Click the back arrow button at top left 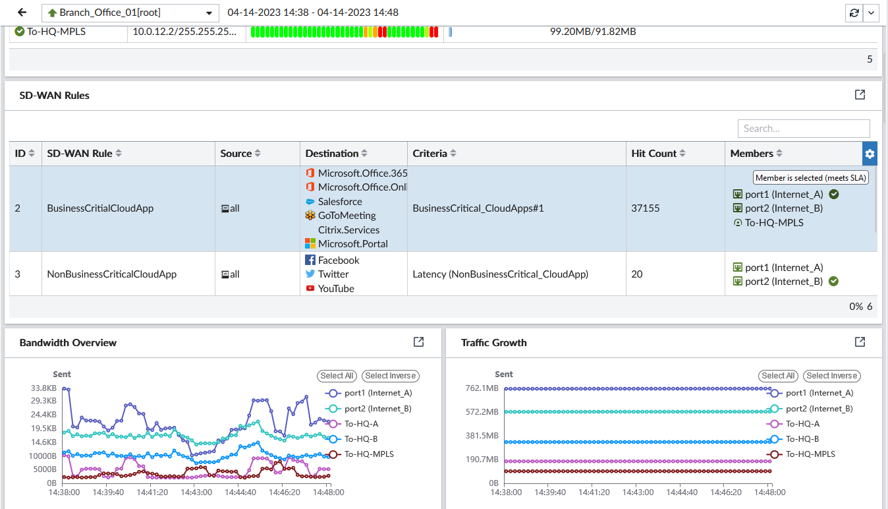22,13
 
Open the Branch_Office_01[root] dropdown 130,13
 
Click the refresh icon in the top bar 854,13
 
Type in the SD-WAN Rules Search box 803,129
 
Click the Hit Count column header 653,154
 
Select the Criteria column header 430,154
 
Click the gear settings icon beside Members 870,154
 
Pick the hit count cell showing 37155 645,208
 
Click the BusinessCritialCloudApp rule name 100,208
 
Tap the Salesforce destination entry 339,202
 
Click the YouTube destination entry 335,289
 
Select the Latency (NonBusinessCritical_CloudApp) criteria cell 500,274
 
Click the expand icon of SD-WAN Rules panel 860,95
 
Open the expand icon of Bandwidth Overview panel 418,342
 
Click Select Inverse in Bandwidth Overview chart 390,376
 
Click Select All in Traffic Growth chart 778,376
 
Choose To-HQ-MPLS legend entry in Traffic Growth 810,454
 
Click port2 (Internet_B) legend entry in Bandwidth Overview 377,409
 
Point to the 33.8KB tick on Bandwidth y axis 43,388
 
